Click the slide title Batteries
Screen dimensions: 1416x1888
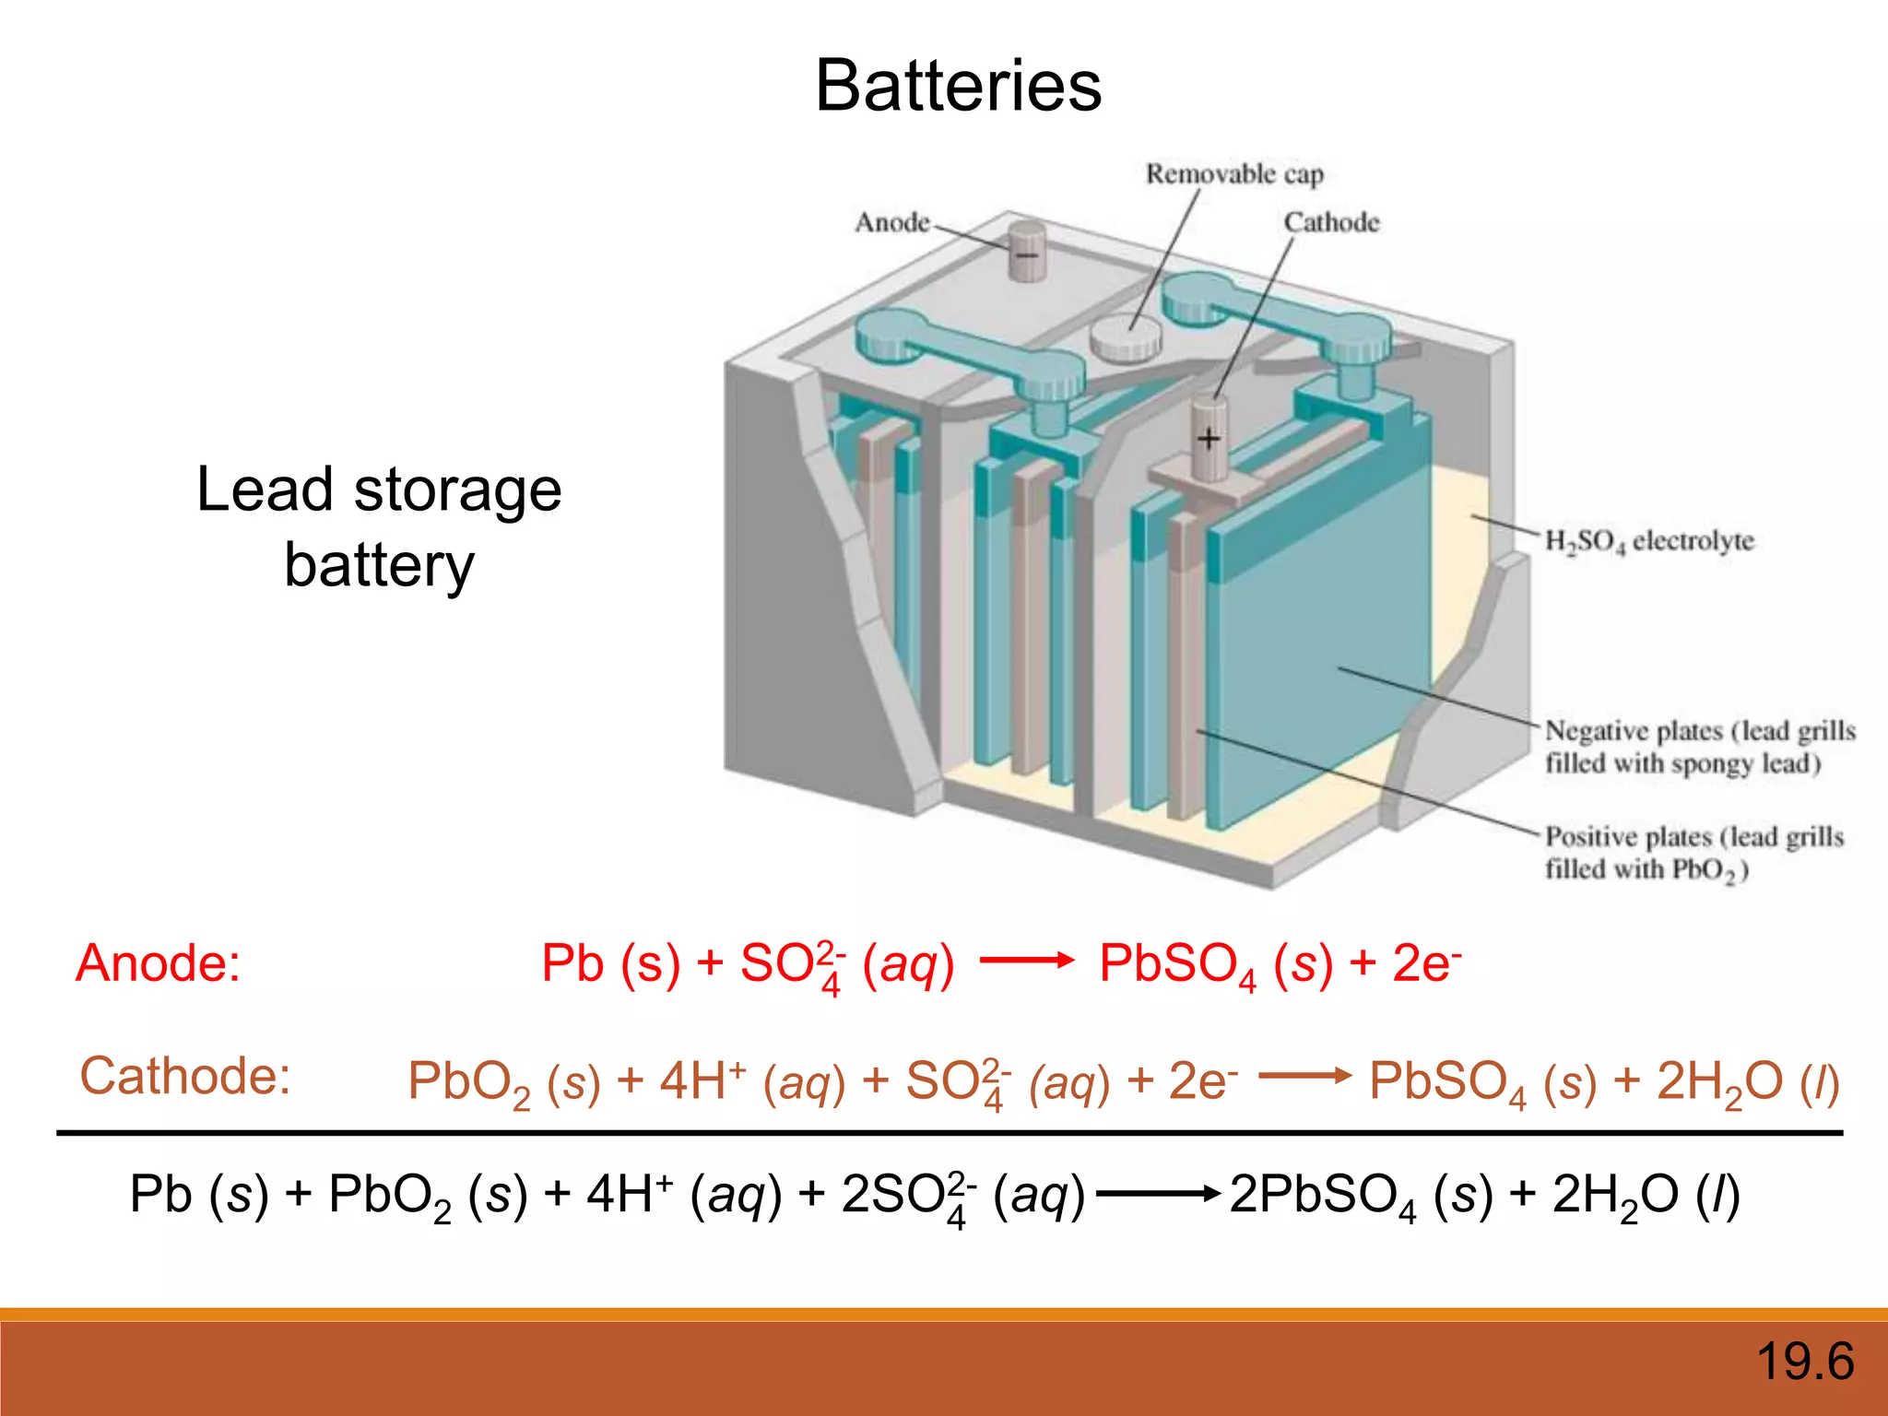pos(958,86)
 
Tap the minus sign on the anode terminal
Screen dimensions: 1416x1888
pos(1026,254)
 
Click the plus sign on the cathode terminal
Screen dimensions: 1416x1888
pos(1208,439)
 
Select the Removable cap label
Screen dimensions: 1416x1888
pos(1233,174)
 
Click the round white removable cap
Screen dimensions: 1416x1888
pos(1126,337)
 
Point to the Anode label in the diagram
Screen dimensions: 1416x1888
pos(891,223)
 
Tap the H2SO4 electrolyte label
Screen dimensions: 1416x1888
pos(1648,541)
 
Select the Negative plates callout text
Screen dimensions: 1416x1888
pos(1699,747)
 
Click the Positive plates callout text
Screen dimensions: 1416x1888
pos(1693,853)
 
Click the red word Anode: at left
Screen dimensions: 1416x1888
pos(158,963)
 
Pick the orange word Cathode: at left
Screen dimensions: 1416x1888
pos(185,1076)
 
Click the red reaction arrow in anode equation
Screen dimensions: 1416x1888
pos(1027,961)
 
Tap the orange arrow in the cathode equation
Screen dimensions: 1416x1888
pos(1304,1076)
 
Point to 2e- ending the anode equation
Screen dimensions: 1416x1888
pos(1425,963)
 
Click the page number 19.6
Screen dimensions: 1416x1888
pos(1804,1362)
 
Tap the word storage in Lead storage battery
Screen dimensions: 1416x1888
pos(457,490)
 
